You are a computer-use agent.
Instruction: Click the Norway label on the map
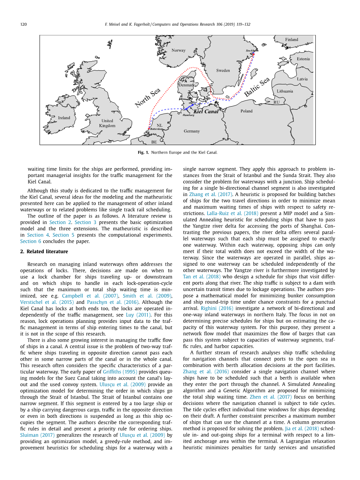point(179,50)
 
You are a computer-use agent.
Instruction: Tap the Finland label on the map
point(292,40)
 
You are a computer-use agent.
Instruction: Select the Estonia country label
point(303,59)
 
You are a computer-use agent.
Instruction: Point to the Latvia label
point(302,79)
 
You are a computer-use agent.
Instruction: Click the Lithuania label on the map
point(285,91)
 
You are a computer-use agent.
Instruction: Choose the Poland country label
point(246,111)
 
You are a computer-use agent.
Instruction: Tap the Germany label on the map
point(192,131)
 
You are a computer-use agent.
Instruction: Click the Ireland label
point(64,118)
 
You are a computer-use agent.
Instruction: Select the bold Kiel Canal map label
point(206,112)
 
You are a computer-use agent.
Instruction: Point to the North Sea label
point(148,98)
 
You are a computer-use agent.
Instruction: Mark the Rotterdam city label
point(156,129)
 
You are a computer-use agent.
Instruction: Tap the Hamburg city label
point(188,115)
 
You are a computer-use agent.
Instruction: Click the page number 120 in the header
point(23,25)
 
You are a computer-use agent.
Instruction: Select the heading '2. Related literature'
point(44,252)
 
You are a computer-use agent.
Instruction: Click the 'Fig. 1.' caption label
point(143,152)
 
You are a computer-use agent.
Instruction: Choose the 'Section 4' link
point(35,235)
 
